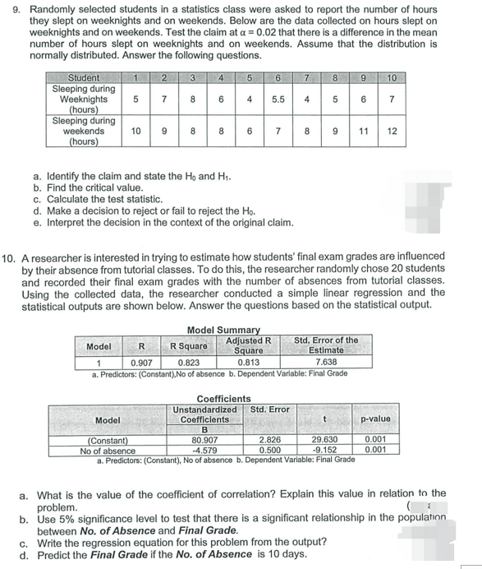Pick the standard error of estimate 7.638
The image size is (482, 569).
coord(326,360)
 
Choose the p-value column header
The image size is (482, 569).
coord(375,419)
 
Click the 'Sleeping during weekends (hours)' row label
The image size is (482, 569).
coord(83,131)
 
